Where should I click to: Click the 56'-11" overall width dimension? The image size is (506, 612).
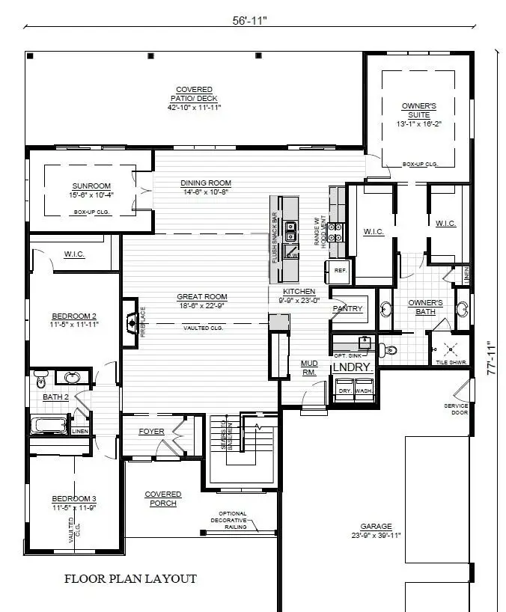pyautogui.click(x=249, y=21)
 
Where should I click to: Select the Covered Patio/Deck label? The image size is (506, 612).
pyautogui.click(x=194, y=98)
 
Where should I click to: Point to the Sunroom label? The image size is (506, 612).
pyautogui.click(x=91, y=190)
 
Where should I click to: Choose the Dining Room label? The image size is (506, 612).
pyautogui.click(x=206, y=187)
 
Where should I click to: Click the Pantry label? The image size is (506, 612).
pyautogui.click(x=347, y=308)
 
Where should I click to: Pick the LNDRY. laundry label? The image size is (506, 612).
pyautogui.click(x=352, y=367)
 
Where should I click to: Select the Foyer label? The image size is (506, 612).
pyautogui.click(x=151, y=432)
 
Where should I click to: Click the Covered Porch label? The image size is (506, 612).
pyautogui.click(x=162, y=498)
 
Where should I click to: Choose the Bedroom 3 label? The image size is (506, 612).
pyautogui.click(x=74, y=503)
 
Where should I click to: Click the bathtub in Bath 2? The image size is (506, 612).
pyautogui.click(x=49, y=426)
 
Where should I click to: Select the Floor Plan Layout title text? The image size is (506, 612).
pyautogui.click(x=130, y=578)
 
